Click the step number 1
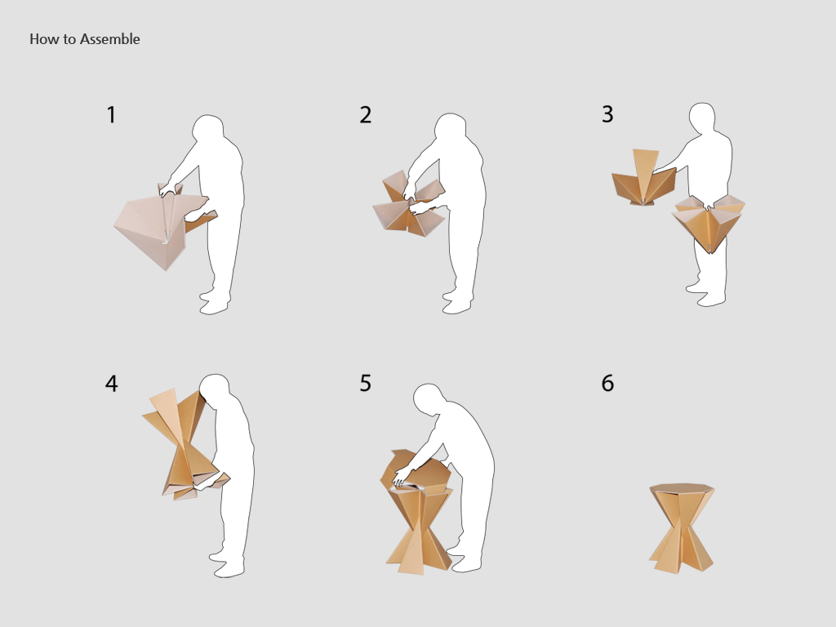[x=111, y=115]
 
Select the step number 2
[x=365, y=115]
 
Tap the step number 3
[x=607, y=114]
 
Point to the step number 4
[x=111, y=383]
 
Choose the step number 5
[x=365, y=383]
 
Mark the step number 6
[x=607, y=383]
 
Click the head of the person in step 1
[x=207, y=131]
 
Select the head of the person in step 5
[x=430, y=398]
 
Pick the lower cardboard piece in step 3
[x=708, y=225]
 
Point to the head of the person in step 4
[x=215, y=391]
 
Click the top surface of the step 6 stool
[x=682, y=488]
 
